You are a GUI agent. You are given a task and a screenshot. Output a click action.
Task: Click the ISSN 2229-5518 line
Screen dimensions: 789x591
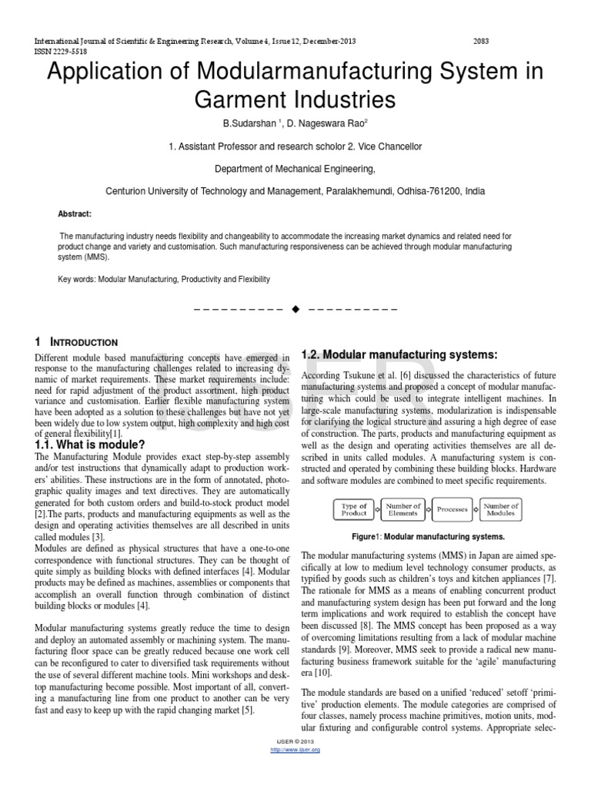[x=61, y=51]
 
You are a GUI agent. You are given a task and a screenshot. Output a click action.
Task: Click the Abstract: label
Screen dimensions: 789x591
[x=75, y=213]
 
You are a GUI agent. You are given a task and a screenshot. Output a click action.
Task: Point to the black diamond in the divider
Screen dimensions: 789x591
[x=295, y=309]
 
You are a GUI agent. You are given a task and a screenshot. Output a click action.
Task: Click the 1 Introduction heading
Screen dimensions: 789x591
[x=77, y=342]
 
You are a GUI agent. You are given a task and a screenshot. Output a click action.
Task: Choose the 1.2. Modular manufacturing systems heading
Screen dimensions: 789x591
[x=399, y=354]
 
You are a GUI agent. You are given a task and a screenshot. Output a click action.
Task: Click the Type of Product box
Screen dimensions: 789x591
[x=354, y=509]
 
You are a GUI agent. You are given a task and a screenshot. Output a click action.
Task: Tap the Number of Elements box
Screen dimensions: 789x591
[x=402, y=509]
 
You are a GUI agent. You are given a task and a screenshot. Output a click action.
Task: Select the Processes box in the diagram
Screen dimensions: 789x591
[x=452, y=509]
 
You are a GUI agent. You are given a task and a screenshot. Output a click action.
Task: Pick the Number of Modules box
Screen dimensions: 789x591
[x=501, y=509]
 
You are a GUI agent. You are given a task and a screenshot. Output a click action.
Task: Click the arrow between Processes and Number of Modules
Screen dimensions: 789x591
[x=476, y=509]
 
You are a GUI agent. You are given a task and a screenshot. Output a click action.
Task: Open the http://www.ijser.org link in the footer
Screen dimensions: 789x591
[x=295, y=749]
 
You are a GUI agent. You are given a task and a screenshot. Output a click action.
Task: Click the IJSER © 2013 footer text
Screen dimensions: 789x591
[x=295, y=741]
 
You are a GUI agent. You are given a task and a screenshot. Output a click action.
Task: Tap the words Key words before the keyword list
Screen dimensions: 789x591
[x=76, y=279]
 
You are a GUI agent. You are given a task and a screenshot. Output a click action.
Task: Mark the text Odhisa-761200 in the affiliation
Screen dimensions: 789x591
[x=417, y=191]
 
